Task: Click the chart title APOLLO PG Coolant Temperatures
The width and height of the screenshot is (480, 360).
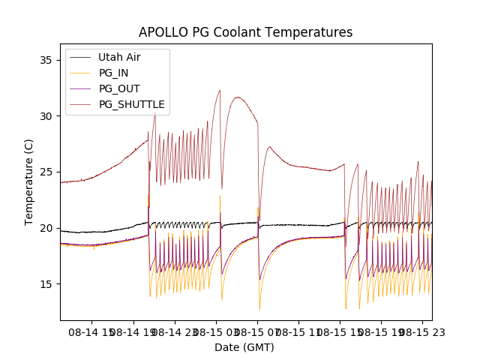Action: click(x=245, y=32)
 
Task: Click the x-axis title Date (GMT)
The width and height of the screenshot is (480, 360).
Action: click(x=244, y=347)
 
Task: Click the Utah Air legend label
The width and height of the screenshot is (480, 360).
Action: click(x=119, y=57)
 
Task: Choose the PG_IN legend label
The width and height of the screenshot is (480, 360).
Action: click(x=113, y=73)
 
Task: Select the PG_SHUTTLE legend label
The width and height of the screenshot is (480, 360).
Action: click(x=131, y=104)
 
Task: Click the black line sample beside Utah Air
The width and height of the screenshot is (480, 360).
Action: click(x=81, y=57)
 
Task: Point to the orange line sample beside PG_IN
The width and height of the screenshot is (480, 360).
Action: click(x=81, y=73)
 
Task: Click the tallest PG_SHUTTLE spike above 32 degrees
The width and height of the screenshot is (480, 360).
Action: click(x=220, y=91)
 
